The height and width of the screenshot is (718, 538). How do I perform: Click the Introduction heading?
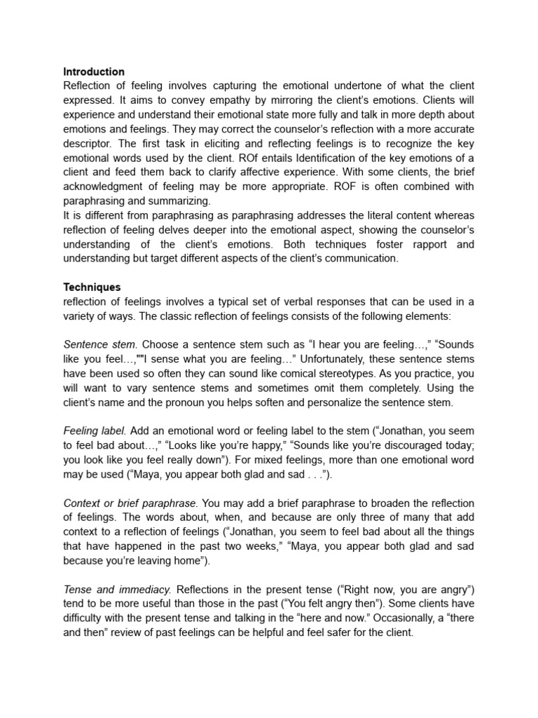(x=94, y=72)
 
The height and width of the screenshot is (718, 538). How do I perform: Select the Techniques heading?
(x=92, y=287)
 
